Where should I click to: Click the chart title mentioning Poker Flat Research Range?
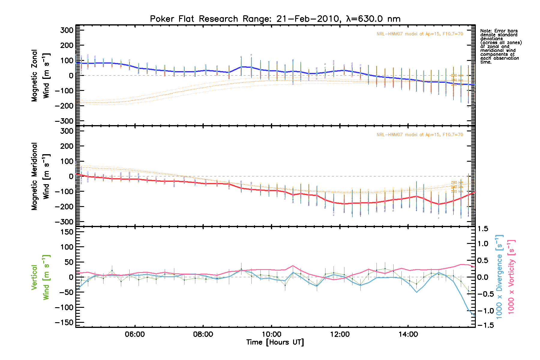(275, 19)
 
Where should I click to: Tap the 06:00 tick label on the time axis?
(135, 334)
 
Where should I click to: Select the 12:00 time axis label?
(340, 334)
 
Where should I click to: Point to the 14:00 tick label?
(408, 334)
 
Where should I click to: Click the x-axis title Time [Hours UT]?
(275, 342)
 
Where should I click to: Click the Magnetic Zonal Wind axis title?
(40, 76)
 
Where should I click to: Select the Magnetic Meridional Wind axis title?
(40, 176)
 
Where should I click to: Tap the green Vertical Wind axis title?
(40, 277)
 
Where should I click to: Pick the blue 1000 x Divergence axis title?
(499, 277)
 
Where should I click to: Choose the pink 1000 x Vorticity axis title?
(511, 277)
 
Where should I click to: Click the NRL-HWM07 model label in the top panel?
(420, 34)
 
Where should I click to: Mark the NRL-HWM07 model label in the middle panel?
(420, 135)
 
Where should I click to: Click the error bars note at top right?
(501, 46)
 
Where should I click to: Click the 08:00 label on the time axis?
(203, 334)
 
